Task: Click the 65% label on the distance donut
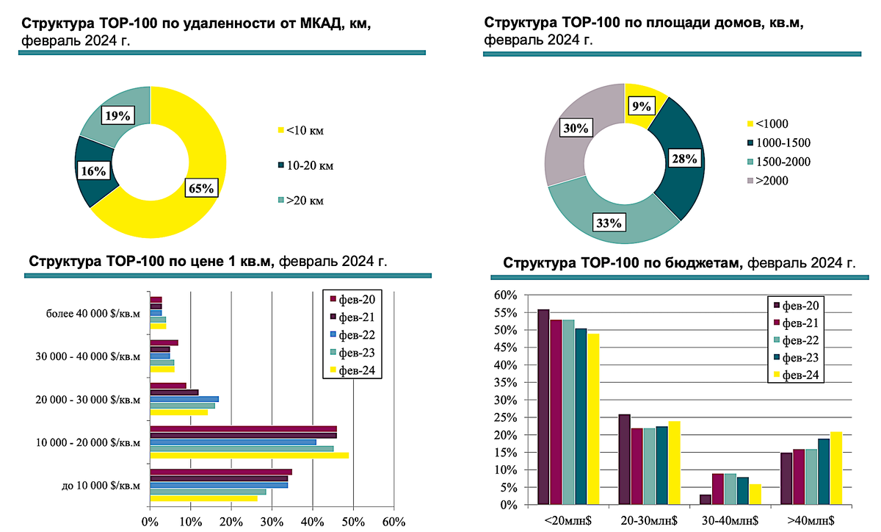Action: pos(200,188)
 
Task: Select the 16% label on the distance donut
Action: pos(93,171)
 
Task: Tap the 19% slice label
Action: pos(117,115)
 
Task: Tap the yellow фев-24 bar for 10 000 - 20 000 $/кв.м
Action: pos(249,456)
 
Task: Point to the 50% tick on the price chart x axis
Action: pos(353,522)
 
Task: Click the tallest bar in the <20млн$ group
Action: pos(543,406)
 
